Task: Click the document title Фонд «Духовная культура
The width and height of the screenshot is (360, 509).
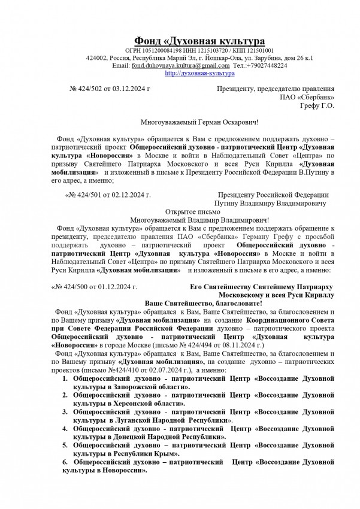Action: coord(199,41)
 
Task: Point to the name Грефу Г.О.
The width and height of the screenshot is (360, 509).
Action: coord(317,105)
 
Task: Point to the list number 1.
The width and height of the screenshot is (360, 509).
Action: coord(66,378)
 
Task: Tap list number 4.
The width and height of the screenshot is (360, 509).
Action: coord(66,429)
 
